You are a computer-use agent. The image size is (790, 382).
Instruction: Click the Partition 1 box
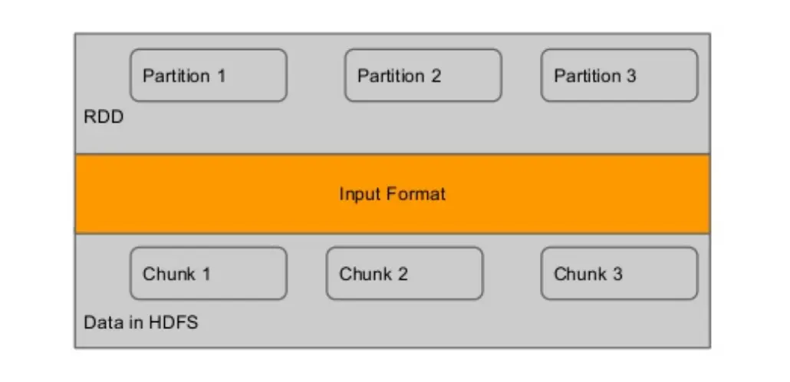(209, 75)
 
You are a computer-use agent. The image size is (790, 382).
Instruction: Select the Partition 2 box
(423, 75)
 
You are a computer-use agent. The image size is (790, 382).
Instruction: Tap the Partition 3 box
(619, 75)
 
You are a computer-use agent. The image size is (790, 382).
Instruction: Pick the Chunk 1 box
(209, 273)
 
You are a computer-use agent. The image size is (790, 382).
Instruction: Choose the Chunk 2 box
(404, 273)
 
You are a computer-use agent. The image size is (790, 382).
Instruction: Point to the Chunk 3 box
(619, 273)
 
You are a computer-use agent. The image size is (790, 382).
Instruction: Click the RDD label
(104, 117)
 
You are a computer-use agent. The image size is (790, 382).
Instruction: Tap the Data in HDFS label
(140, 322)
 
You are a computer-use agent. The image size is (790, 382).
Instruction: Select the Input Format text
(393, 194)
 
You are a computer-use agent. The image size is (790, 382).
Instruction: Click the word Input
(359, 195)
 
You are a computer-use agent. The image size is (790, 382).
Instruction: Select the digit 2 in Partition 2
(436, 76)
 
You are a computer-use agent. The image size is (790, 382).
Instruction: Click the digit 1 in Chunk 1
(206, 274)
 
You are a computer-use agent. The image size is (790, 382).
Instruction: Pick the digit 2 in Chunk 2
(402, 274)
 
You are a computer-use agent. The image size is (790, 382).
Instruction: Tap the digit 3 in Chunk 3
(617, 274)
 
